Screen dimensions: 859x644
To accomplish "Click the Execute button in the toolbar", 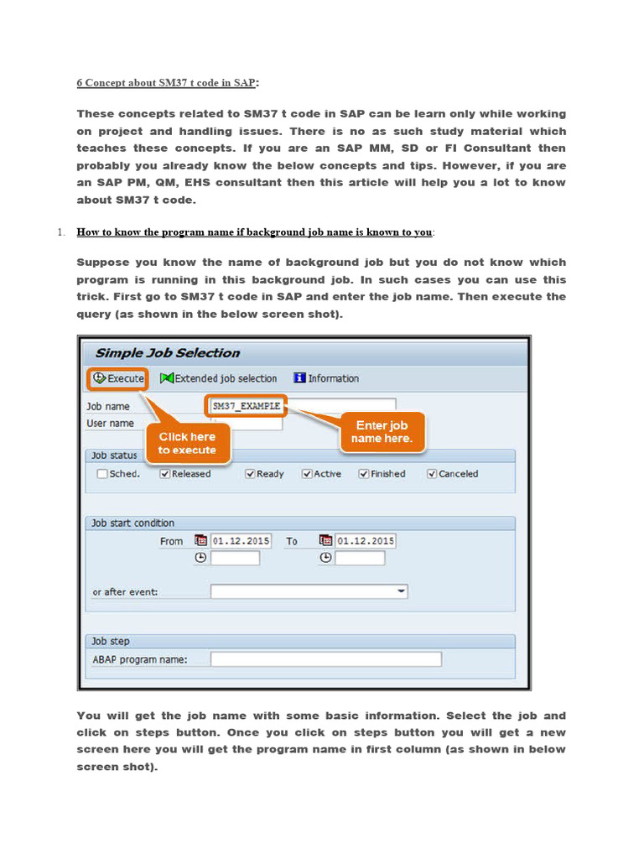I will (x=118, y=378).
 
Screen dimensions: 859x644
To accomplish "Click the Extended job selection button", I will (x=218, y=378).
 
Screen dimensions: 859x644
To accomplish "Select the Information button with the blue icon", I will (x=325, y=378).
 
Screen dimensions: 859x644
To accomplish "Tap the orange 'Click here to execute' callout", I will (x=187, y=443).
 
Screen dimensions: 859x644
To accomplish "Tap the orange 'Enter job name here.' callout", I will (x=382, y=432).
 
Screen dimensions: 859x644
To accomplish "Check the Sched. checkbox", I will (x=102, y=474).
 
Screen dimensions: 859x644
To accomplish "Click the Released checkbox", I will (x=165, y=474).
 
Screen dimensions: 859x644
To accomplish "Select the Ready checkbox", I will (x=250, y=474).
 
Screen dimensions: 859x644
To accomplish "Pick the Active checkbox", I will (x=307, y=474).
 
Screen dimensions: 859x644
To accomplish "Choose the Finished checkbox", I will (x=364, y=474).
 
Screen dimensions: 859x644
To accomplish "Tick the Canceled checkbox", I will (x=432, y=474).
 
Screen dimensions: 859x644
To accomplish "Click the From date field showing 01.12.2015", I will (x=241, y=541).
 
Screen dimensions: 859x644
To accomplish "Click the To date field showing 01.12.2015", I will (x=366, y=541).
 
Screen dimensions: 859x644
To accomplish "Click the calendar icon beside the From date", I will (x=200, y=541).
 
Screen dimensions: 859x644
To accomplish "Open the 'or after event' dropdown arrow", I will (x=402, y=591).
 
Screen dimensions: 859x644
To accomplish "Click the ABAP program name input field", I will (x=325, y=659).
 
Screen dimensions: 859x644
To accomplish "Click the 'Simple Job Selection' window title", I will (x=167, y=353).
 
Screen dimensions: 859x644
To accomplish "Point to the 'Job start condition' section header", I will (x=132, y=523).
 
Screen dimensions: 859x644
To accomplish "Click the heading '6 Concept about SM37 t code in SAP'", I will (x=166, y=82).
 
